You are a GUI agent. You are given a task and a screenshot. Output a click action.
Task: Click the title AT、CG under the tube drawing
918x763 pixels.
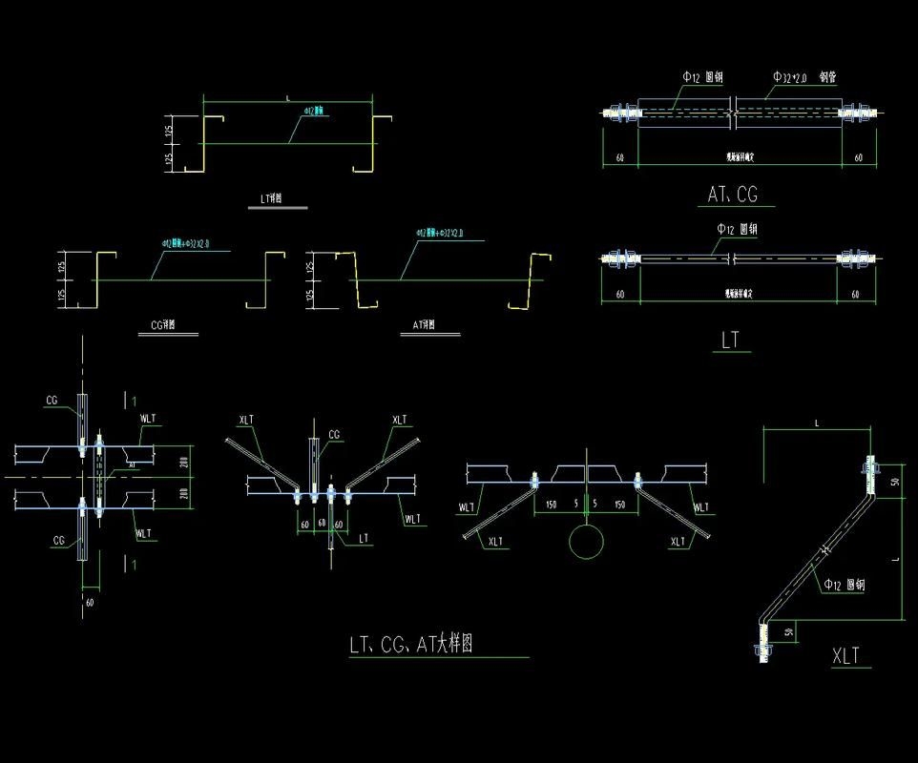[x=733, y=195]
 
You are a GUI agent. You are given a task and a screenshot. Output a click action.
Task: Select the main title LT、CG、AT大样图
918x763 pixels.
[x=410, y=644]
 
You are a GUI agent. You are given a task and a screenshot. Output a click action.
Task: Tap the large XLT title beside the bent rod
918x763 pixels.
[x=845, y=655]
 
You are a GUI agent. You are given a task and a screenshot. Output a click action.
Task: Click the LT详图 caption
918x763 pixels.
[x=271, y=199]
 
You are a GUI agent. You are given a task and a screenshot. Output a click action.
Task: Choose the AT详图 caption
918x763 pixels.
[x=423, y=324]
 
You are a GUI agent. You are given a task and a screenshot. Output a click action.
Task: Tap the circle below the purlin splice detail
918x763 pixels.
[x=586, y=542]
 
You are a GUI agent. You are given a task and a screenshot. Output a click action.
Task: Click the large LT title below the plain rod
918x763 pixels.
[x=730, y=340]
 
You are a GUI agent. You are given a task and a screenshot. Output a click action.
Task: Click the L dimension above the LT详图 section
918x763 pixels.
[x=288, y=97]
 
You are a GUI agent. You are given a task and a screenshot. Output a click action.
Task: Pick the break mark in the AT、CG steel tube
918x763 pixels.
[x=732, y=112]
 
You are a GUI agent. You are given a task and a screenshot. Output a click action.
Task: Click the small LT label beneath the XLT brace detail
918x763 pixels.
[x=363, y=539]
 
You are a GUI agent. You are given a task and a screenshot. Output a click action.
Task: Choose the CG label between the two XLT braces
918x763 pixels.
[x=334, y=435]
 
